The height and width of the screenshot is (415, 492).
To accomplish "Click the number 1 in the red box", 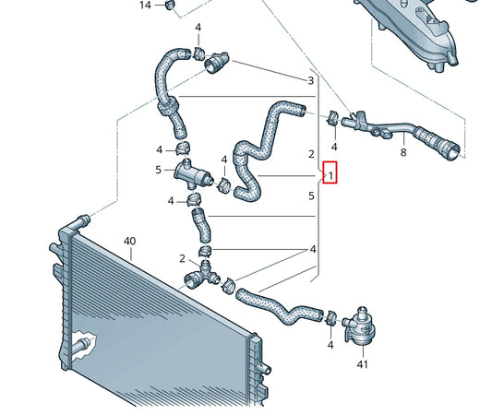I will [331, 174].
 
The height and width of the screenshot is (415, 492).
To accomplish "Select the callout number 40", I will [129, 242].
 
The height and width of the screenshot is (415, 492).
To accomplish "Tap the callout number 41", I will [362, 365].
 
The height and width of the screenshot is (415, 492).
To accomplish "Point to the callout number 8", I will [402, 153].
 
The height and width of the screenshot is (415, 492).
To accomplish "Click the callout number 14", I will [145, 6].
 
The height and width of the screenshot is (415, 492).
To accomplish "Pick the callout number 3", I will [310, 81].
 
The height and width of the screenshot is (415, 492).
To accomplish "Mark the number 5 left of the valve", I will [159, 170].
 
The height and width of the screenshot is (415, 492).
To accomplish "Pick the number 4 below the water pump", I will [330, 345].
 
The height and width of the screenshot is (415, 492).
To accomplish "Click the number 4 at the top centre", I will [198, 28].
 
